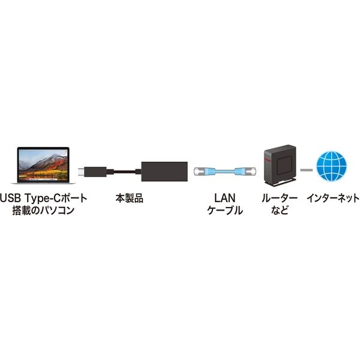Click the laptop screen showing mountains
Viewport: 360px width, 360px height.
tap(43, 165)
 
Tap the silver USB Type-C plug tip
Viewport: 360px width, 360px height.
tap(81, 172)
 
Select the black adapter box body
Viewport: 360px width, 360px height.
tap(164, 172)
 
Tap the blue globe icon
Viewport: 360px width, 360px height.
tap(331, 166)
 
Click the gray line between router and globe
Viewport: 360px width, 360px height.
tap(307, 170)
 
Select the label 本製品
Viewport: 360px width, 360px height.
tap(129, 199)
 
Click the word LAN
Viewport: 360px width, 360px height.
tap(225, 198)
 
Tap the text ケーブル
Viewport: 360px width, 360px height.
tap(225, 211)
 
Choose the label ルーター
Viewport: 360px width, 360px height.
tap(280, 198)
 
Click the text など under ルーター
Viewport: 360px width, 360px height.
tap(280, 211)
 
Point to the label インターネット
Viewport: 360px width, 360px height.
tap(333, 198)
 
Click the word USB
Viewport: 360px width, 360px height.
tap(10, 199)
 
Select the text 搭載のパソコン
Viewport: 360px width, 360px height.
tap(43, 211)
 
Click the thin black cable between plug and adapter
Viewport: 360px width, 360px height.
tap(124, 172)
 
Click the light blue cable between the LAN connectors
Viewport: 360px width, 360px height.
tap(225, 172)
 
